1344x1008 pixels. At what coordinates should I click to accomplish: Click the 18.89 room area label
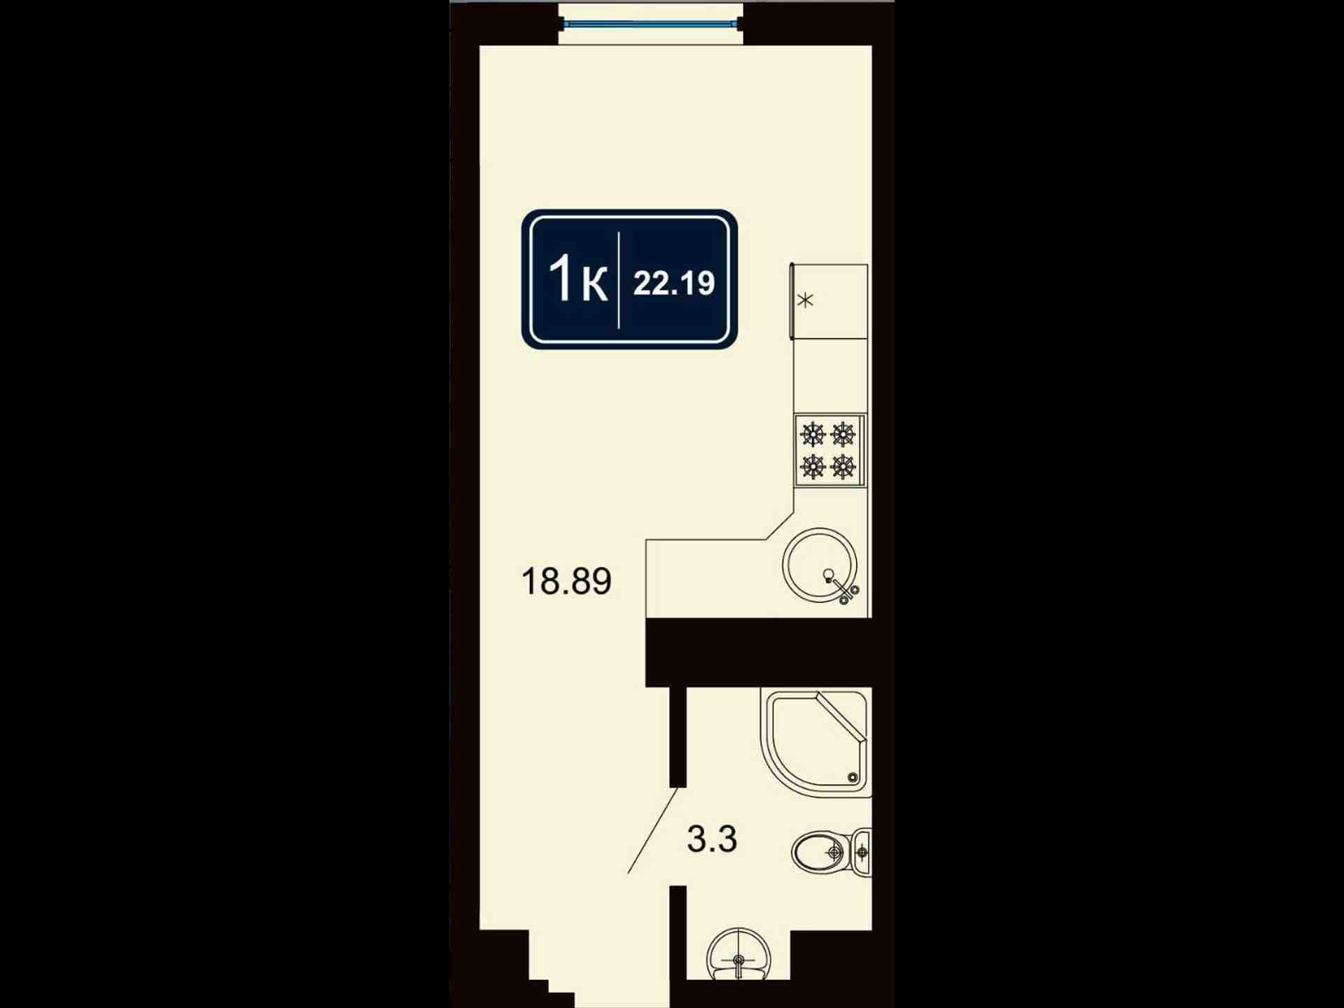pyautogui.click(x=566, y=581)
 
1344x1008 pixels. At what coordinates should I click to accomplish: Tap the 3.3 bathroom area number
pyautogui.click(x=712, y=839)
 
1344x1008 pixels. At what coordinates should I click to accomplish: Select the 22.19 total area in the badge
pyautogui.click(x=674, y=283)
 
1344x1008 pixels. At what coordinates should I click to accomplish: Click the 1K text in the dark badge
pyautogui.click(x=577, y=279)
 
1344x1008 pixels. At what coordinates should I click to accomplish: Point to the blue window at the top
pyautogui.click(x=650, y=24)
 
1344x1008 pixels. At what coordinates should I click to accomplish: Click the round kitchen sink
pyautogui.click(x=820, y=565)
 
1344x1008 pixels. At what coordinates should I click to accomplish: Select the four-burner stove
pyautogui.click(x=829, y=450)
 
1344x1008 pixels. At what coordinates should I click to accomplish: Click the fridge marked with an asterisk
pyautogui.click(x=829, y=302)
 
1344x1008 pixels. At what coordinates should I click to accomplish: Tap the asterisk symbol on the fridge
pyautogui.click(x=806, y=300)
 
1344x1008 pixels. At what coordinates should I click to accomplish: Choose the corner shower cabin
pyautogui.click(x=815, y=743)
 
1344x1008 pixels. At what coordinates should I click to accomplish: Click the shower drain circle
pyautogui.click(x=853, y=778)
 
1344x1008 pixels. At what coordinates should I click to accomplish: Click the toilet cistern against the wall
pyautogui.click(x=862, y=852)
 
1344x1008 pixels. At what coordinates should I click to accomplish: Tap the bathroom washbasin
pyautogui.click(x=738, y=954)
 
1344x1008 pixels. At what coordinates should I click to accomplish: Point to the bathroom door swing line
pyautogui.click(x=652, y=831)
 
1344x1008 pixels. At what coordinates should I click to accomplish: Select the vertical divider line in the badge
pyautogui.click(x=619, y=280)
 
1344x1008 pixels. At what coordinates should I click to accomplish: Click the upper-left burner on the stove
pyautogui.click(x=813, y=435)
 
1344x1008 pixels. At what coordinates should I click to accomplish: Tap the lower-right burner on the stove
pyautogui.click(x=843, y=466)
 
